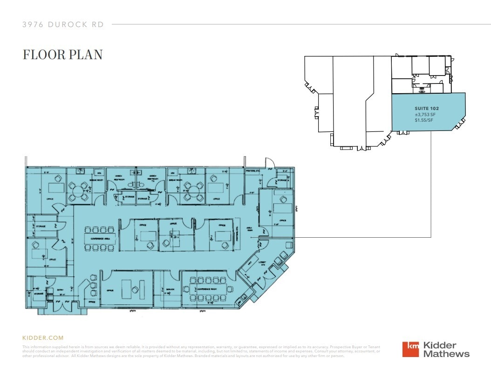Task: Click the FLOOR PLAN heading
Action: tap(62, 55)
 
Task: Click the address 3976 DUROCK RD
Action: tap(63, 25)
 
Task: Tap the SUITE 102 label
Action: tap(427, 108)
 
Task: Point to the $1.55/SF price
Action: tap(424, 120)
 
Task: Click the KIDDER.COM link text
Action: tap(43, 338)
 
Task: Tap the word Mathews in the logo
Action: tap(446, 354)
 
